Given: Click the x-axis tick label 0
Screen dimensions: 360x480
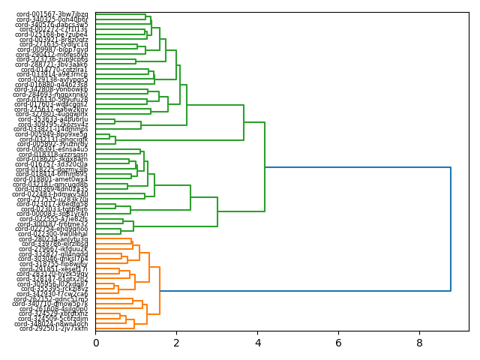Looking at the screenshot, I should pyautogui.click(x=95, y=343).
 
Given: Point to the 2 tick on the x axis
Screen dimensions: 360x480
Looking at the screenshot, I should pyautogui.click(x=176, y=343).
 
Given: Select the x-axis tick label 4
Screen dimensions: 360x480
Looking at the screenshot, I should pyautogui.click(x=257, y=343).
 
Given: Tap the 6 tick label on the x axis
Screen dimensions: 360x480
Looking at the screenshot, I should pyautogui.click(x=338, y=343).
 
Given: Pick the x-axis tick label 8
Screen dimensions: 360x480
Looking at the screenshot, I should pyautogui.click(x=419, y=343).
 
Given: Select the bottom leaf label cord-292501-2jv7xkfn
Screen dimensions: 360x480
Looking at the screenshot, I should pyautogui.click(x=53, y=328).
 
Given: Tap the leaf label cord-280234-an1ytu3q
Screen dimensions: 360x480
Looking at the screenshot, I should pyautogui.click(x=53, y=239).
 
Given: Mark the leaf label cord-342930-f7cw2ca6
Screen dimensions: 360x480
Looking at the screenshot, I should pyautogui.click(x=53, y=293).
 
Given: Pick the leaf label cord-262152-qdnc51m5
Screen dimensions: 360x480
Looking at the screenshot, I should pyautogui.click(x=53, y=298).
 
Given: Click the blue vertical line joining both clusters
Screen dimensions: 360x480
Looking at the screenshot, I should pyautogui.click(x=451, y=229).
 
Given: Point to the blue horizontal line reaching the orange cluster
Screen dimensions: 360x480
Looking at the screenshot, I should pyautogui.click(x=300, y=291).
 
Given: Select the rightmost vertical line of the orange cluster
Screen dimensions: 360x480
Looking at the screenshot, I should pyautogui.click(x=160, y=291).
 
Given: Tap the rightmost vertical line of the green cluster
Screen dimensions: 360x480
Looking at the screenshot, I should pyautogui.click(x=265, y=167).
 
